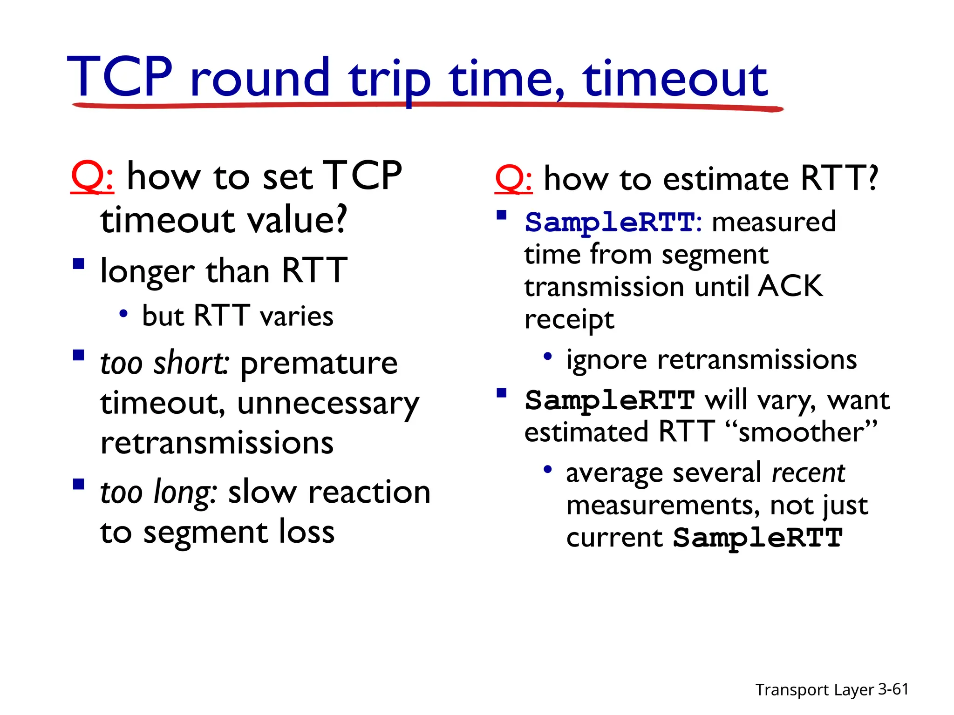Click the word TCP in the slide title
coord(120,77)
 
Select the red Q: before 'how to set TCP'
coord(92,177)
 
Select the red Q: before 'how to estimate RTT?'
coord(513,179)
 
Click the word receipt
coord(569,320)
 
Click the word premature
coord(319,364)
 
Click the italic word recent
coord(808,473)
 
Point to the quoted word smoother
coord(801,432)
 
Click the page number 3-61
coord(893,689)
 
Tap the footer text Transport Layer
coord(814,690)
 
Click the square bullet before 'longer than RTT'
coord(79,264)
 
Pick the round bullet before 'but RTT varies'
coord(123,314)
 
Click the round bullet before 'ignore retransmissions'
coord(547,357)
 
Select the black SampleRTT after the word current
coord(757,538)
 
